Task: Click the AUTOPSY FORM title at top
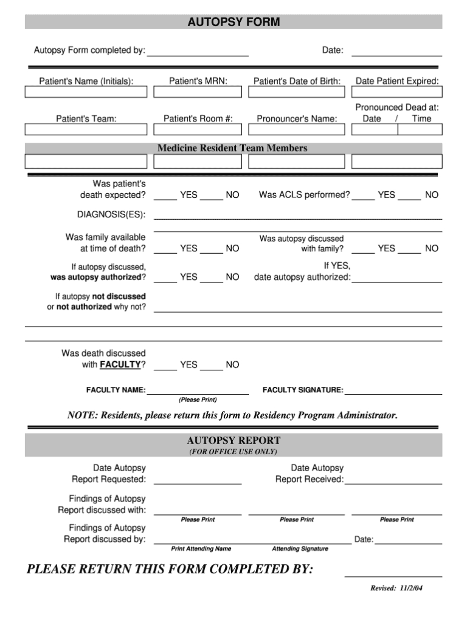pyautogui.click(x=233, y=22)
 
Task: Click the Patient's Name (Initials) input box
pyautogui.click(x=86, y=92)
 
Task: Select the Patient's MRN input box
pyautogui.click(x=198, y=92)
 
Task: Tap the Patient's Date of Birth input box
pyautogui.click(x=297, y=92)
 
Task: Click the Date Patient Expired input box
pyautogui.click(x=397, y=92)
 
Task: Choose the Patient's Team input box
pyautogui.click(x=86, y=130)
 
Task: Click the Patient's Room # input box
pyautogui.click(x=198, y=130)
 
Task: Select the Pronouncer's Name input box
pyautogui.click(x=297, y=130)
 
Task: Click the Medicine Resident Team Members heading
pyautogui.click(x=232, y=148)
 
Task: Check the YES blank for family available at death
pyautogui.click(x=165, y=250)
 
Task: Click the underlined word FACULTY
pyautogui.click(x=120, y=365)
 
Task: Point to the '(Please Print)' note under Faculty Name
pyautogui.click(x=198, y=400)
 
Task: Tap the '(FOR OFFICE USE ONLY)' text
pyautogui.click(x=233, y=452)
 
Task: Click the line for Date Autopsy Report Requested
pyautogui.click(x=198, y=481)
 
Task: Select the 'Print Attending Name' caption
pyautogui.click(x=201, y=549)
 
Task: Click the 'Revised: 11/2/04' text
pyautogui.click(x=396, y=588)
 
